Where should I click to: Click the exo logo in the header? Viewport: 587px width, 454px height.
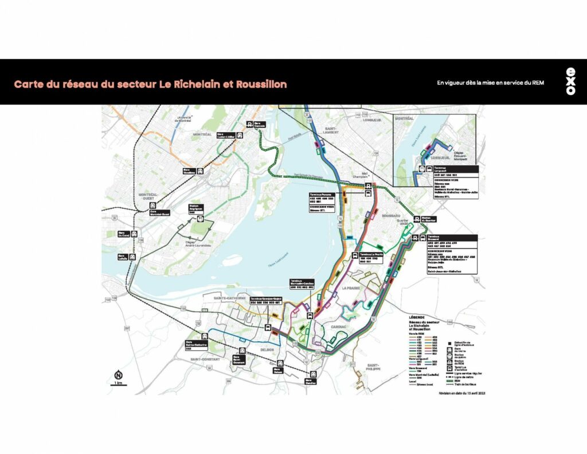[x=570, y=82]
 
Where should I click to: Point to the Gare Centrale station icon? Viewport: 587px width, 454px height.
[x=249, y=123]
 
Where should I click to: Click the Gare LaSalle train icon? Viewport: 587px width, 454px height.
[x=133, y=257]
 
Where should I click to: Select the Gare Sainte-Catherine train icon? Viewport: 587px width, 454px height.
[x=205, y=336]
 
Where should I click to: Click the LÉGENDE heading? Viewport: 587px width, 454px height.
[x=417, y=317]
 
